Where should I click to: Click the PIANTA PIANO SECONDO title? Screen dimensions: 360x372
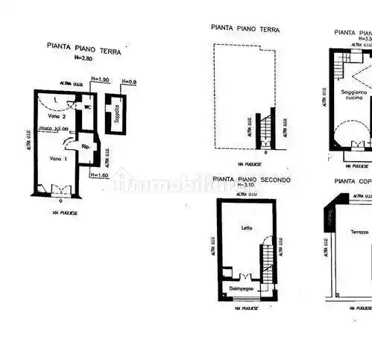(x=251, y=180)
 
